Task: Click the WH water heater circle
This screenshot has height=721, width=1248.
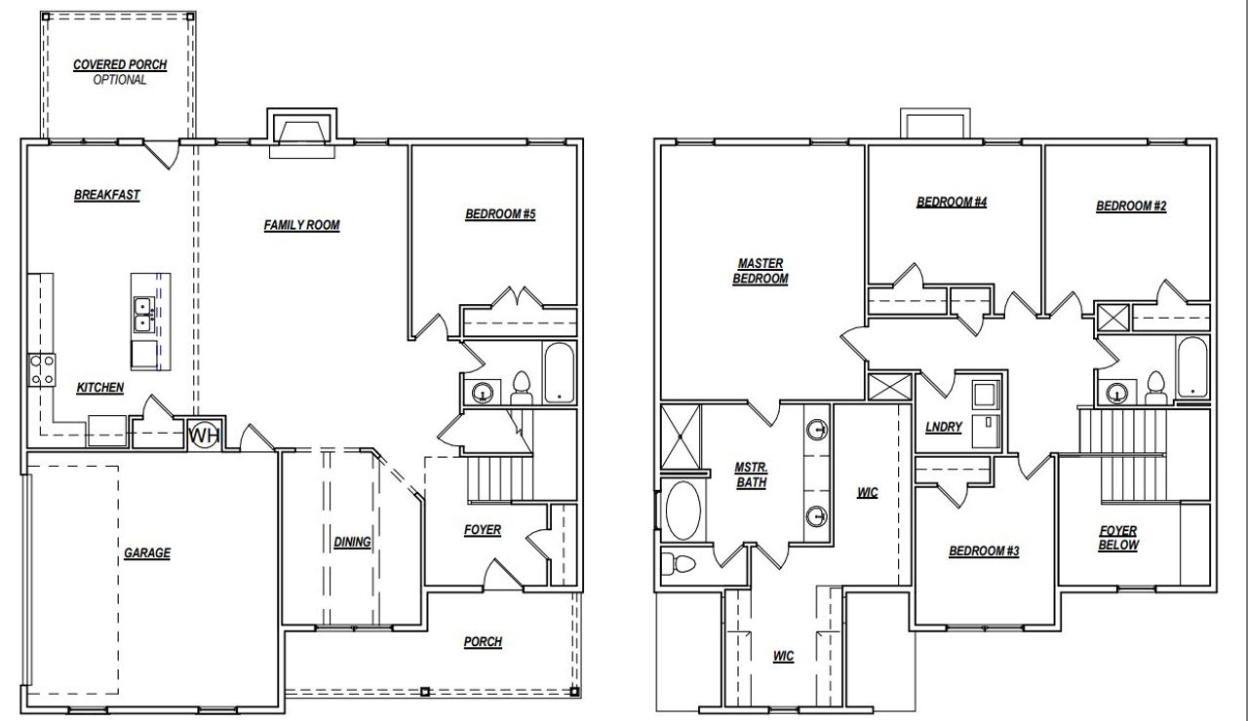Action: (203, 436)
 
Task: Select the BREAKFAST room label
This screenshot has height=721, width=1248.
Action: (107, 195)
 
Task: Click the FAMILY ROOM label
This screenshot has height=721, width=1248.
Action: (301, 225)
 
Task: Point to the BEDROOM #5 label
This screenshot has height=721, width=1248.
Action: (500, 214)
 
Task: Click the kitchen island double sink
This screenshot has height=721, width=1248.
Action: (143, 313)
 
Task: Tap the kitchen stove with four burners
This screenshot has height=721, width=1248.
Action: (42, 369)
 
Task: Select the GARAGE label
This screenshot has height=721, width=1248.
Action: (147, 553)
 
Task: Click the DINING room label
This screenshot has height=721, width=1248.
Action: (352, 542)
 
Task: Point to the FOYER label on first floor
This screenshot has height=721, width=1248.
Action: (482, 530)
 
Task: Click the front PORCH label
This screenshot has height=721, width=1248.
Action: (483, 641)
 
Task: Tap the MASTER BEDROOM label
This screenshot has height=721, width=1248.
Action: (760, 271)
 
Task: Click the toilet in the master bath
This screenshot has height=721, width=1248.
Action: (680, 564)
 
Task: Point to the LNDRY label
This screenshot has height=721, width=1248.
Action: (944, 427)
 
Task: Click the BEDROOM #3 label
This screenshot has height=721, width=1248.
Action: (984, 551)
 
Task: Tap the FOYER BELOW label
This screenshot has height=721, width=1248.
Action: (1118, 538)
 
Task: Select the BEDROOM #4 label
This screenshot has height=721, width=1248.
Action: (952, 203)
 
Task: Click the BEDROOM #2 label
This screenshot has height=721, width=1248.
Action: (1131, 206)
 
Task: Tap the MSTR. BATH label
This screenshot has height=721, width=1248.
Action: (751, 475)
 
